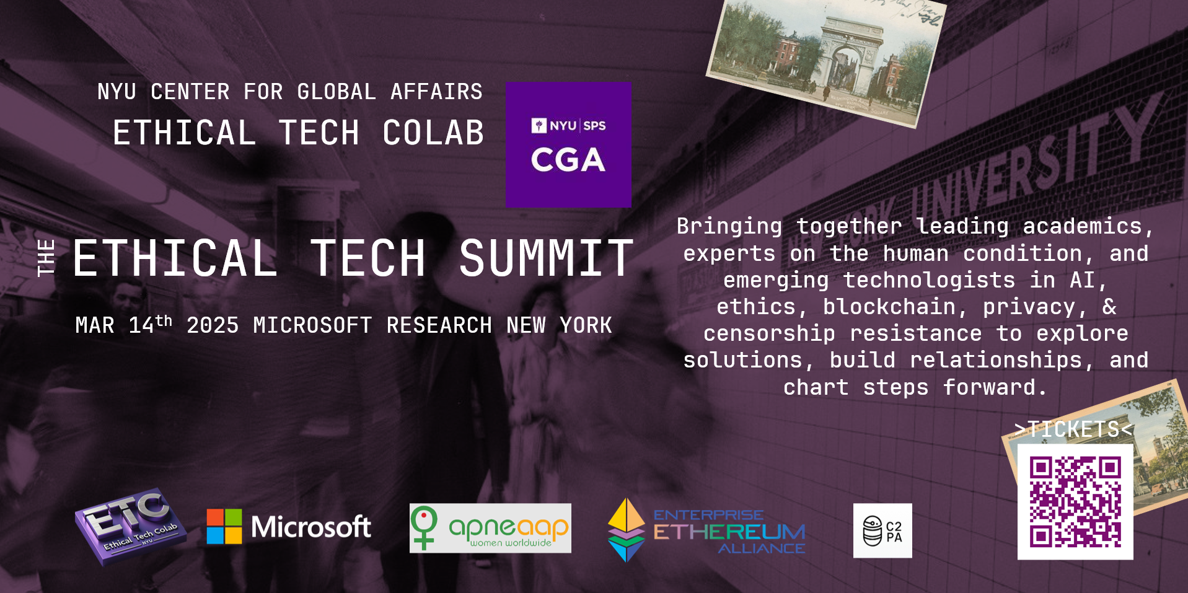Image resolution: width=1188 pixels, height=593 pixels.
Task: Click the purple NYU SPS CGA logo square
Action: (568, 144)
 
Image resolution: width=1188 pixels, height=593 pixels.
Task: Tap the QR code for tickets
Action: (1075, 502)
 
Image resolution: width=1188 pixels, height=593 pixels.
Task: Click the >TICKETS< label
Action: (1074, 429)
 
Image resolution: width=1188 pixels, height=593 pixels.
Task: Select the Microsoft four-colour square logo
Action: (224, 527)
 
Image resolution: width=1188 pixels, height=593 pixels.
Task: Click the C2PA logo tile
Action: (882, 530)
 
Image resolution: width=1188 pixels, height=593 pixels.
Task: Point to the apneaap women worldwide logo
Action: (490, 528)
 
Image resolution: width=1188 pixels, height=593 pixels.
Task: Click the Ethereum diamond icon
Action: (627, 530)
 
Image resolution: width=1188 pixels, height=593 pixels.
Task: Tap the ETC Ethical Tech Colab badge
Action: (130, 526)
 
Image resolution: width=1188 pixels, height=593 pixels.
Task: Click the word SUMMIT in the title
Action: (546, 258)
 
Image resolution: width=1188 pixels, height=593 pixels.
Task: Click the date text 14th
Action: (150, 324)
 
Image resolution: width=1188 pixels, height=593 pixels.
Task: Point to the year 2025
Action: (213, 325)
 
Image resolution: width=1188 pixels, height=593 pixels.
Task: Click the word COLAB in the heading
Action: (433, 133)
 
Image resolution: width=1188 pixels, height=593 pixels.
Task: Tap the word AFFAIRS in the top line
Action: (436, 92)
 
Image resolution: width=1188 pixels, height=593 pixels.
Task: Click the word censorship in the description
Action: (769, 333)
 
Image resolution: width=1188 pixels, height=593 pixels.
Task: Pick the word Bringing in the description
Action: (729, 227)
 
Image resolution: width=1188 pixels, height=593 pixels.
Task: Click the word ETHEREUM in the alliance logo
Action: (729, 532)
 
